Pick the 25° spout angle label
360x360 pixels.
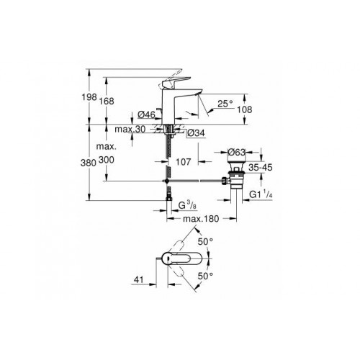click(224, 102)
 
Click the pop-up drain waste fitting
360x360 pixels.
click(235, 179)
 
